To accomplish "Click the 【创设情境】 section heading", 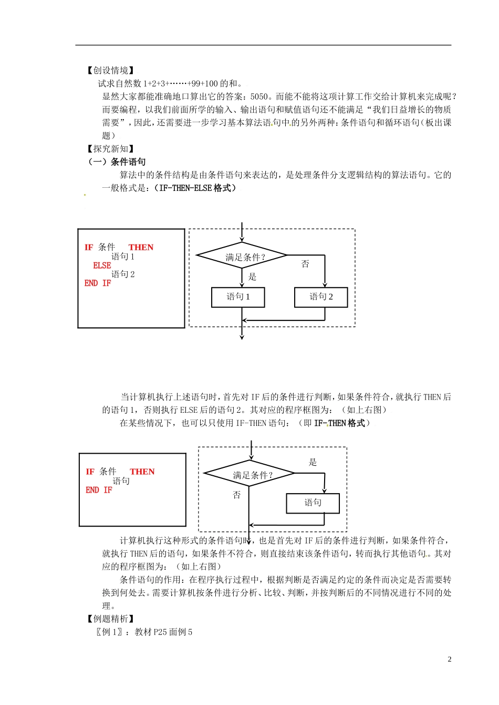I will point(111,70).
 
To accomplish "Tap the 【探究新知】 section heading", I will point(111,149).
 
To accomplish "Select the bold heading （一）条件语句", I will point(117,162).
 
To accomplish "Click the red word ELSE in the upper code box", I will point(102,265).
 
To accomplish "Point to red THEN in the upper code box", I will point(141,248).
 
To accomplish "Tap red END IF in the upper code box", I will point(98,283).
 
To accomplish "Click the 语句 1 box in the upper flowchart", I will point(238,297).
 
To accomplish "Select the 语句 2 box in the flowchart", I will point(321,297).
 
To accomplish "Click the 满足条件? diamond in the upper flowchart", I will point(242,257).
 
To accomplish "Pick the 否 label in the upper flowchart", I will point(305,264).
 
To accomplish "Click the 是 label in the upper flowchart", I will point(252,277).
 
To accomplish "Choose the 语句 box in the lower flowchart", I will point(313,503).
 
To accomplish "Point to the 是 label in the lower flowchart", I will point(313,462).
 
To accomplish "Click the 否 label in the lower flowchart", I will point(237,495).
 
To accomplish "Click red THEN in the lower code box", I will point(142,472).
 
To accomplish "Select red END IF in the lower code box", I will point(99,490).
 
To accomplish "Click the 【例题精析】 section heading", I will point(111,619).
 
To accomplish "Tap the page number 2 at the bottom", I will point(449,659).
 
